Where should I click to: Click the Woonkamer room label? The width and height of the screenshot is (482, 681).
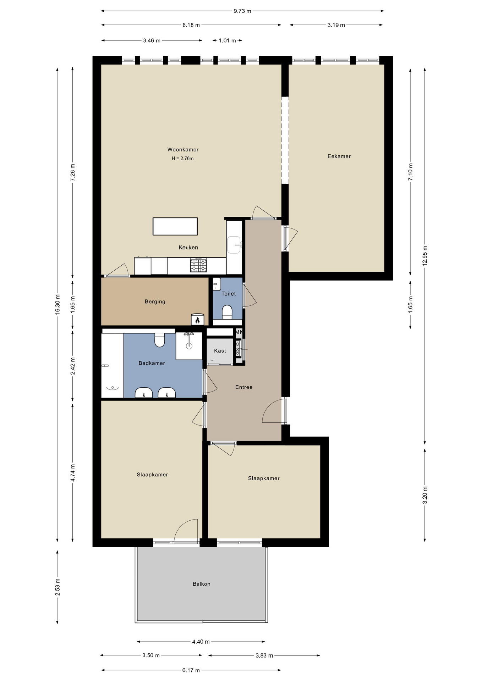(x=183, y=150)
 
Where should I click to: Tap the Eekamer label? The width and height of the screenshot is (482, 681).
(x=339, y=156)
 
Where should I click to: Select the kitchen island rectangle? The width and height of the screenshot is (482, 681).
(x=175, y=226)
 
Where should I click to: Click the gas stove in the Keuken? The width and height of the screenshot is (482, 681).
(x=198, y=265)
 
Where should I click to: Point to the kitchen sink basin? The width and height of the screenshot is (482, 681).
(x=234, y=245)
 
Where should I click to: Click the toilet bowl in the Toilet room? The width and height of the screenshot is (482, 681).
(x=227, y=312)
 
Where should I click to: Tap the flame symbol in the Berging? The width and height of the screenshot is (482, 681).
(x=197, y=320)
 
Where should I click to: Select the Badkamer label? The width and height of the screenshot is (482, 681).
(x=152, y=363)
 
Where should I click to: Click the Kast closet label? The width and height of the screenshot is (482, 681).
(x=220, y=351)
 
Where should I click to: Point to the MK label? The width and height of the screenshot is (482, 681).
(x=239, y=332)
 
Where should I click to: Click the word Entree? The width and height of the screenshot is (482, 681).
(x=244, y=387)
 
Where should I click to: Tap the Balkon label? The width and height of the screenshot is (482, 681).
(x=202, y=584)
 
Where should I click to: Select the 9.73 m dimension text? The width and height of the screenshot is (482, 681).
(x=242, y=11)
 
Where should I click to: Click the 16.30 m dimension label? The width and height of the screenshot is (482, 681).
(x=57, y=304)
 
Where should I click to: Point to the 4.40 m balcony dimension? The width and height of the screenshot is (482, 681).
(x=201, y=642)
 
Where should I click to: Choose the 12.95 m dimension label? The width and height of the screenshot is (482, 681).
(x=425, y=255)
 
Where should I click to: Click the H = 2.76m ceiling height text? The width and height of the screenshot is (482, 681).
(x=183, y=159)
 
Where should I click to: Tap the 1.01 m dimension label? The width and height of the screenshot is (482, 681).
(x=228, y=40)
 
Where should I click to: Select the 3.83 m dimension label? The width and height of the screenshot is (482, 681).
(x=264, y=655)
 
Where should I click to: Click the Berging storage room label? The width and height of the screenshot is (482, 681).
(x=155, y=301)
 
